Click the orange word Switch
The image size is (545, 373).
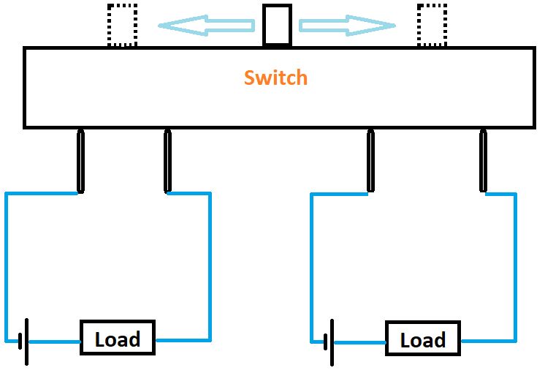click(275, 78)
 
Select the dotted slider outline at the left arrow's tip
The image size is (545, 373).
click(122, 26)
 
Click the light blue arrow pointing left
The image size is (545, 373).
click(207, 26)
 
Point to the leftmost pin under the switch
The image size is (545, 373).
click(80, 161)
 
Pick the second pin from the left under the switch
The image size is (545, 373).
click(168, 161)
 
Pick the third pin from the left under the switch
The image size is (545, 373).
click(370, 161)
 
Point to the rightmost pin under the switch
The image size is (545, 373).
click(483, 161)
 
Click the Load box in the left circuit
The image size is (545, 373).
click(117, 339)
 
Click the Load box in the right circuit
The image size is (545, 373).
click(422, 340)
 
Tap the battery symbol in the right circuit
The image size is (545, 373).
click(330, 342)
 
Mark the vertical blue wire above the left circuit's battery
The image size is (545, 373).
click(7, 263)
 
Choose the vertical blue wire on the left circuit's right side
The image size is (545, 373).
click(210, 263)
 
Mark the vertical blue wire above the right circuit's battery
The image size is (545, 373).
click(312, 263)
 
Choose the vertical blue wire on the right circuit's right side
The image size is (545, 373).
click(515, 263)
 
